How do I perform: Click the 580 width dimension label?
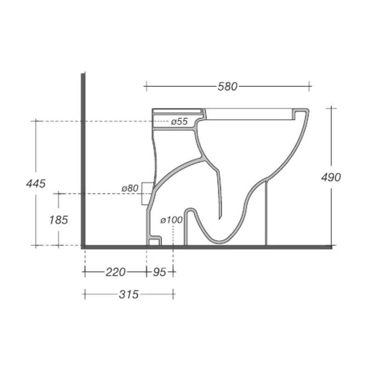click(x=228, y=86)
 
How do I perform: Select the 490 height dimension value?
click(x=331, y=177)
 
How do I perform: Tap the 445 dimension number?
click(x=36, y=183)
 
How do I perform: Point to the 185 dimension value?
click(x=58, y=220)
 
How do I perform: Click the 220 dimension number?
click(x=115, y=272)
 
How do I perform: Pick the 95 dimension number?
click(x=159, y=272)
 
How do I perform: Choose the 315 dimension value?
click(x=128, y=295)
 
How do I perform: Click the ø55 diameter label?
click(x=179, y=122)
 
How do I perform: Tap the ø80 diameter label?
click(x=130, y=188)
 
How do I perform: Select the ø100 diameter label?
click(x=172, y=220)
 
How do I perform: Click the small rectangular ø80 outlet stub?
click(x=147, y=193)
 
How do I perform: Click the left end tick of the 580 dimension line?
click(x=146, y=86)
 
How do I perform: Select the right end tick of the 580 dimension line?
click(x=311, y=86)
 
